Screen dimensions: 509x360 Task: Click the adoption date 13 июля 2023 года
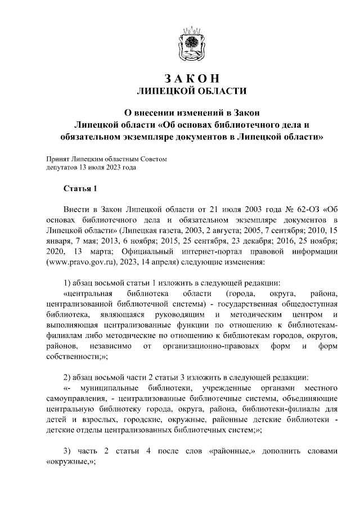pos(109,168)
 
